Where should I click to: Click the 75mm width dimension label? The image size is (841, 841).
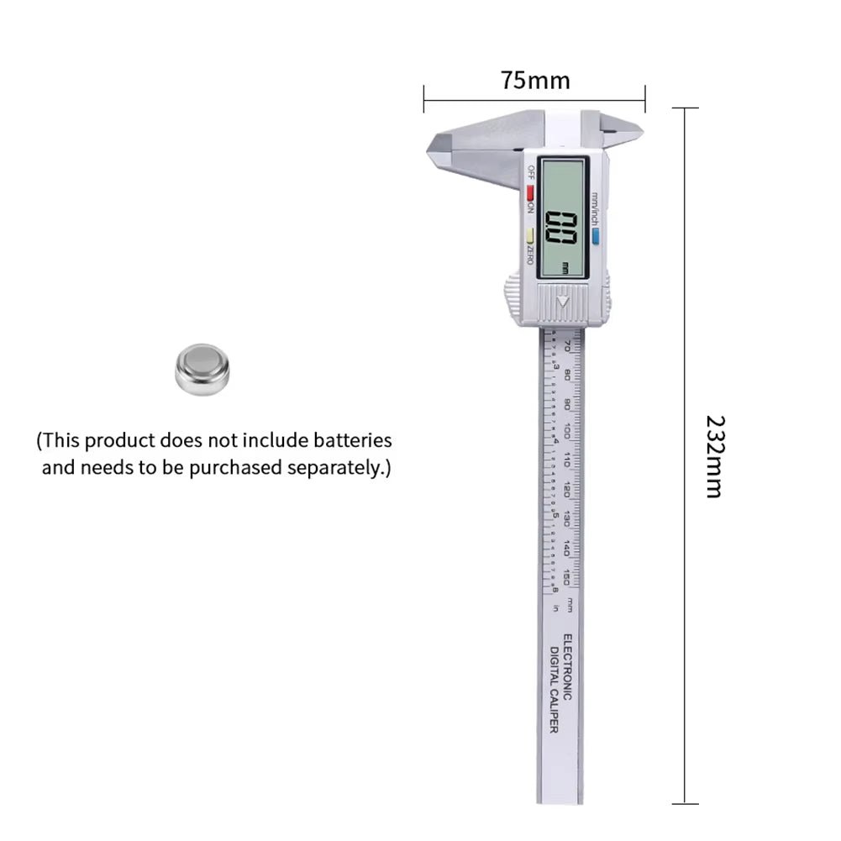pyautogui.click(x=534, y=81)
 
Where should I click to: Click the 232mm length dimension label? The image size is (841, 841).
pyautogui.click(x=713, y=456)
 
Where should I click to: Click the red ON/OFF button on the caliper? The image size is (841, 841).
pyautogui.click(x=531, y=189)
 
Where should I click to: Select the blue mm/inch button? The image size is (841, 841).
pyautogui.click(x=595, y=238)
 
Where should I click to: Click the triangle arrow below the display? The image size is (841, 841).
pyautogui.click(x=562, y=301)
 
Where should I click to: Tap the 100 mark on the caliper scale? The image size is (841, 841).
pyautogui.click(x=569, y=431)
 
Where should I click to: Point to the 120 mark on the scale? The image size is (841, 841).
pyautogui.click(x=569, y=490)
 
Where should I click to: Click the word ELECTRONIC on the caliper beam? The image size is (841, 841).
pyautogui.click(x=567, y=669)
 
